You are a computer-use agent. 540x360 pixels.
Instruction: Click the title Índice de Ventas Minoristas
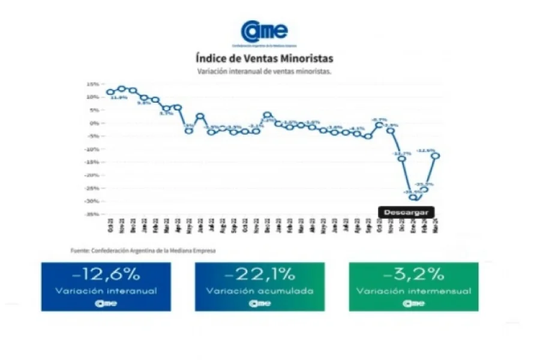[x=264, y=59]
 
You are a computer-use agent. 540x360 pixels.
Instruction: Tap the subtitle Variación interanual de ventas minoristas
[x=264, y=71]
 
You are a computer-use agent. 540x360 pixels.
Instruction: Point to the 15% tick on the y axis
[x=93, y=84]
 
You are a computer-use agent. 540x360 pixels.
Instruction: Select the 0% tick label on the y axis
[x=94, y=123]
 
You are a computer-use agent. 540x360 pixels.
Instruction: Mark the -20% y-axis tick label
[x=92, y=175]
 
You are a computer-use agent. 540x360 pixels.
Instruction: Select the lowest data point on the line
[x=413, y=197]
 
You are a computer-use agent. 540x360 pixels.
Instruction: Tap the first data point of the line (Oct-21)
[x=110, y=92]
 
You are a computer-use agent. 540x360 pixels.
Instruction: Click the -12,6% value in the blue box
[x=106, y=275]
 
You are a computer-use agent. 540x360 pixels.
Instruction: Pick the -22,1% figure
[x=260, y=275]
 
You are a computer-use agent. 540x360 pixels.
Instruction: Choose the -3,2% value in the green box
[x=413, y=275]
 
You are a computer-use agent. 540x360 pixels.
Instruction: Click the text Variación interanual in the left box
[x=106, y=291]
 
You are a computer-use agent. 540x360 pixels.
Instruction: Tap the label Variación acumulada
[x=260, y=291]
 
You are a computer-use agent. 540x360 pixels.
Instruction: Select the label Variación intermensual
[x=413, y=291]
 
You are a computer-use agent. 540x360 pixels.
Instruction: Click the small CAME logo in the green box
[x=413, y=303]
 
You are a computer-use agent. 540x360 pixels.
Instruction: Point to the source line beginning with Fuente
[x=143, y=251]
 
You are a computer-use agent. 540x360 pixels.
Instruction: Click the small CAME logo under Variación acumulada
[x=260, y=303]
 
